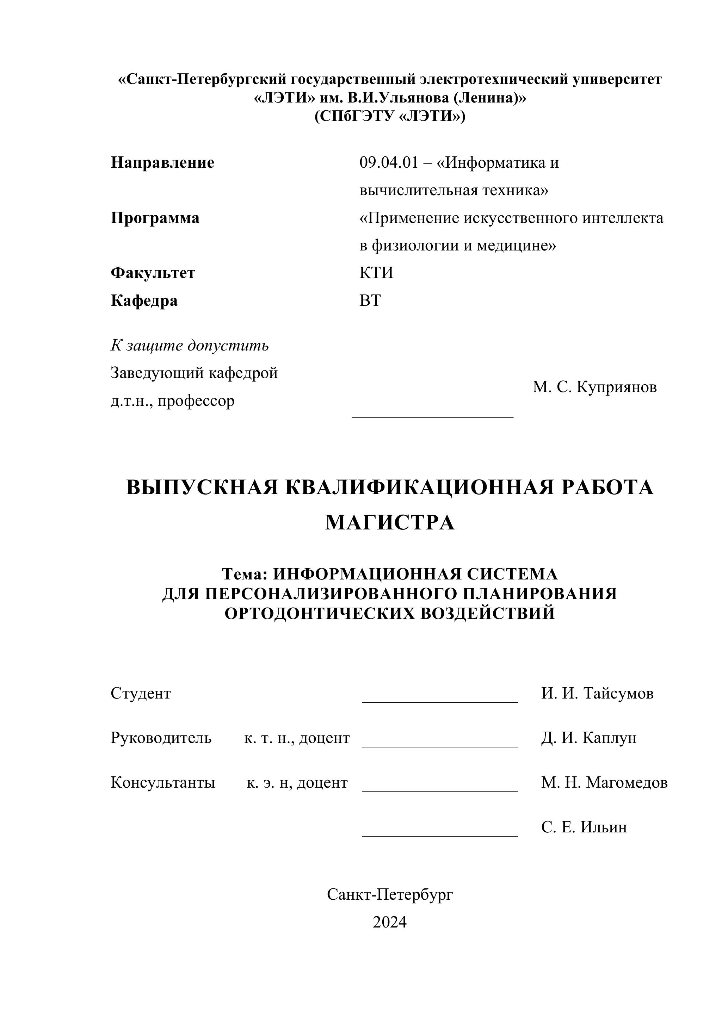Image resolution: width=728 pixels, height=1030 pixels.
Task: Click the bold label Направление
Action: [162, 162]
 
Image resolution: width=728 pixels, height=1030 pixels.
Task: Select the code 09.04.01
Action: [389, 162]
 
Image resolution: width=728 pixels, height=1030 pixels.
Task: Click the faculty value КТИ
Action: [376, 273]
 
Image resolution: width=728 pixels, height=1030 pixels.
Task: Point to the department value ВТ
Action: [370, 300]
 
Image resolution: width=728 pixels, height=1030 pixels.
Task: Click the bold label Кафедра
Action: [144, 300]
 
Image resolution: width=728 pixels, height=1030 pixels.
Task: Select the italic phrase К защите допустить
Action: [190, 346]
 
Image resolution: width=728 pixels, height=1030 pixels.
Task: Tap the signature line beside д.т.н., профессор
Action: [433, 417]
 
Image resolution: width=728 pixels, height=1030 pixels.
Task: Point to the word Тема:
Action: [245, 574]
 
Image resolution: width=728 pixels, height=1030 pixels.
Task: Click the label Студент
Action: [141, 693]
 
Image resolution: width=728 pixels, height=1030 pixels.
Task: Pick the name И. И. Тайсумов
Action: [597, 693]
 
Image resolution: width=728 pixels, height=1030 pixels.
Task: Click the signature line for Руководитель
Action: [440, 746]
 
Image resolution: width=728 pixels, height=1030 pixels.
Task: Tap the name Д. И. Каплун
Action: [589, 738]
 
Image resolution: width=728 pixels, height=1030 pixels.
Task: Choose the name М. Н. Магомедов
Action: [604, 782]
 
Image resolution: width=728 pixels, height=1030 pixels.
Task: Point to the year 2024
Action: [390, 922]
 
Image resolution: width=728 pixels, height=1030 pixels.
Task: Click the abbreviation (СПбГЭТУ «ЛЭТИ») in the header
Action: [390, 116]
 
